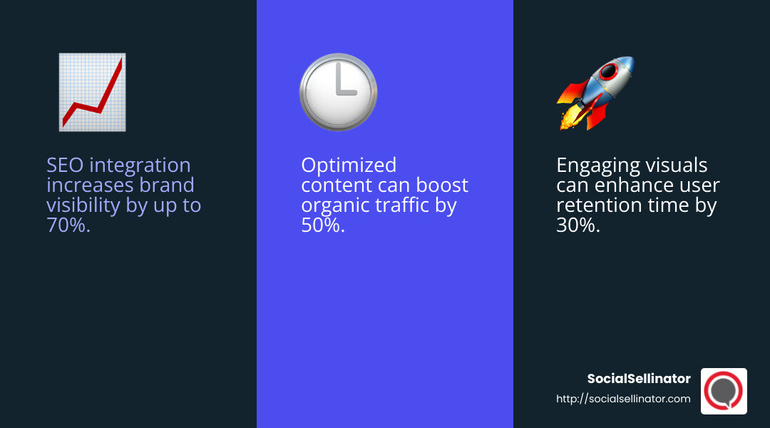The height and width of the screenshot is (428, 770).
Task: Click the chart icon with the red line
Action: click(x=92, y=92)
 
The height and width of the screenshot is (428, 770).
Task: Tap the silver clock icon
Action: click(x=338, y=92)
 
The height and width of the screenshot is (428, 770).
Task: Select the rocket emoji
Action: click(x=595, y=93)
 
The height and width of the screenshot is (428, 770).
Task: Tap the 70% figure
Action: click(x=68, y=225)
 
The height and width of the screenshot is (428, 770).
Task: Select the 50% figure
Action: click(x=323, y=225)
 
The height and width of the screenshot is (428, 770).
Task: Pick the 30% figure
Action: click(x=578, y=225)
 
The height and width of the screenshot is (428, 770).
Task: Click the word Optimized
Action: click(x=349, y=165)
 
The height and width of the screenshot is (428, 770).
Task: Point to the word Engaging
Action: click(x=597, y=165)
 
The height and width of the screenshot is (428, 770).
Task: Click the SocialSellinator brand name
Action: click(x=639, y=379)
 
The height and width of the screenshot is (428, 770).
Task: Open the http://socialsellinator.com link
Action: click(x=623, y=399)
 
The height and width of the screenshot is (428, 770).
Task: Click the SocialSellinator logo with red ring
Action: click(x=724, y=391)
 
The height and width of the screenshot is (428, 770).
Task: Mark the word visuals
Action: click(x=677, y=165)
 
